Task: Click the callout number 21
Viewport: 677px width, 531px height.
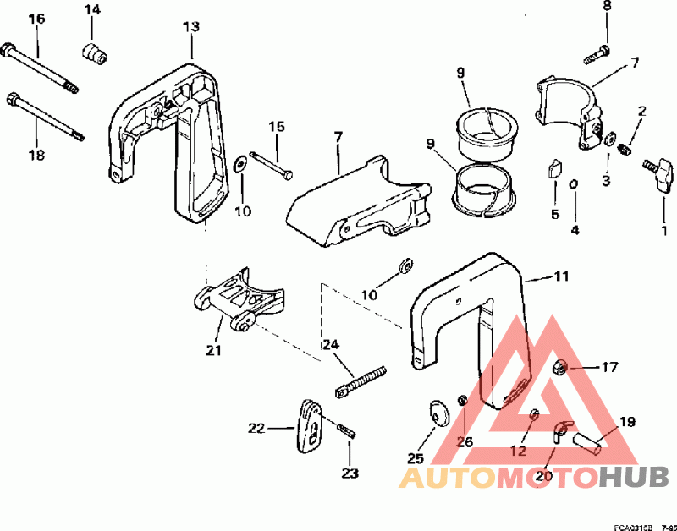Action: pos(212,349)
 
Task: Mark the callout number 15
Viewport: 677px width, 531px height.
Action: pos(278,127)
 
